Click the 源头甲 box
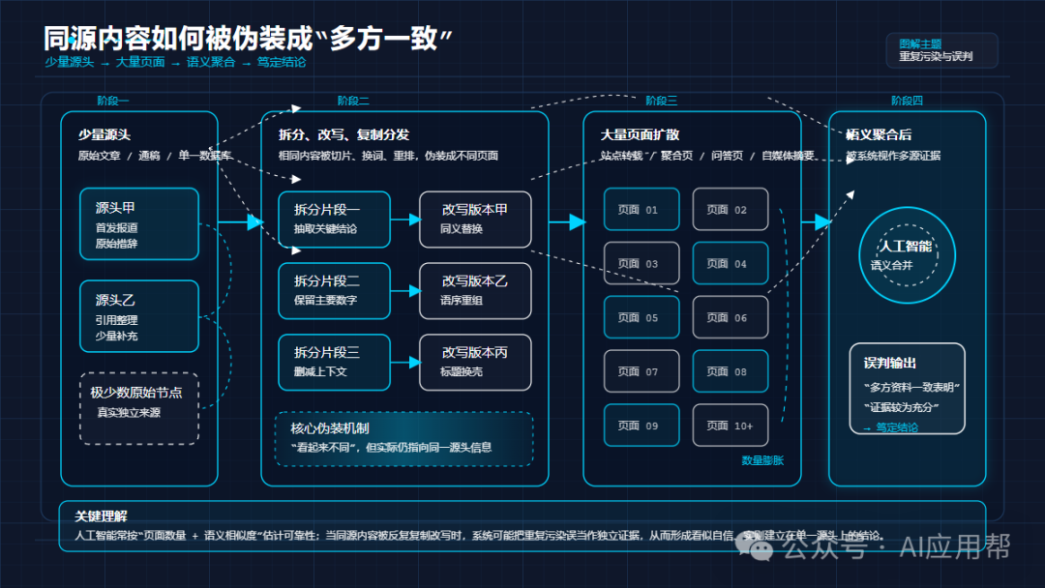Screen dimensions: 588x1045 pos(139,224)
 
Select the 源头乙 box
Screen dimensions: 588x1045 pos(139,316)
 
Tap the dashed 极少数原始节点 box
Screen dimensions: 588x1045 pos(139,408)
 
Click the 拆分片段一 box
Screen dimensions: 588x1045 pos(334,220)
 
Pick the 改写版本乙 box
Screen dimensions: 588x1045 pos(475,290)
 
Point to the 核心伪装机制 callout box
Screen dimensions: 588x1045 pos(403,438)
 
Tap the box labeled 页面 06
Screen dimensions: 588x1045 pos(730,317)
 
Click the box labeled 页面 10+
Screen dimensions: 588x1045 pos(730,426)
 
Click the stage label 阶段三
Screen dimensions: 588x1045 pos(661,101)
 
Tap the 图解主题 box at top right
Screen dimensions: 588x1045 pos(940,50)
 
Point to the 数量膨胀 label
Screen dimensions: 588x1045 pos(762,460)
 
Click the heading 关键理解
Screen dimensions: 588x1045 pos(101,515)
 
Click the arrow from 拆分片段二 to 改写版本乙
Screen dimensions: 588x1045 pos(404,290)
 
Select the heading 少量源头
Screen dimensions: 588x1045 pos(104,134)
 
